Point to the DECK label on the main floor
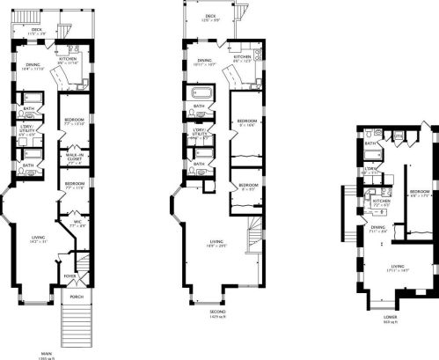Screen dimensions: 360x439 pyautogui.click(x=36, y=29)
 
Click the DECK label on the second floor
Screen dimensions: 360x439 pyautogui.click(x=210, y=16)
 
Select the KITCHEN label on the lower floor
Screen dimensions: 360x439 pyautogui.click(x=381, y=201)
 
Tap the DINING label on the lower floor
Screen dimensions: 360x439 pyautogui.click(x=377, y=227)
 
